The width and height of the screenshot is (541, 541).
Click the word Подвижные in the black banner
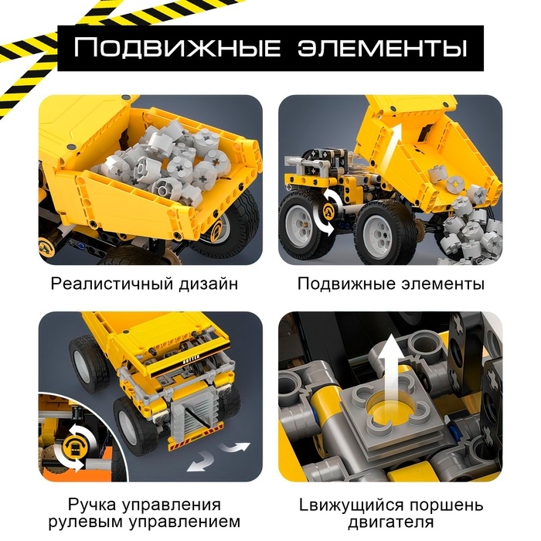(x=177, y=48)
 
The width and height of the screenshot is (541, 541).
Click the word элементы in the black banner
(x=382, y=48)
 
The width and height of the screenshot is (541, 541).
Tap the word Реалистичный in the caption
(x=112, y=284)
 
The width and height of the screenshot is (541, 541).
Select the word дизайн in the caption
(x=209, y=284)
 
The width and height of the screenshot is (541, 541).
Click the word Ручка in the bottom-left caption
(x=92, y=505)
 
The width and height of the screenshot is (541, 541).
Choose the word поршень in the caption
(x=447, y=505)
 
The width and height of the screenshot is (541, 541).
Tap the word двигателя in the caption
(x=391, y=522)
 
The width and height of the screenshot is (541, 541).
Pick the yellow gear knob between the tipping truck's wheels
(x=328, y=211)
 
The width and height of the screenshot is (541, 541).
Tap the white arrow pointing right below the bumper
(x=235, y=447)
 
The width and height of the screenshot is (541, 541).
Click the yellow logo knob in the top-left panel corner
(x=46, y=247)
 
